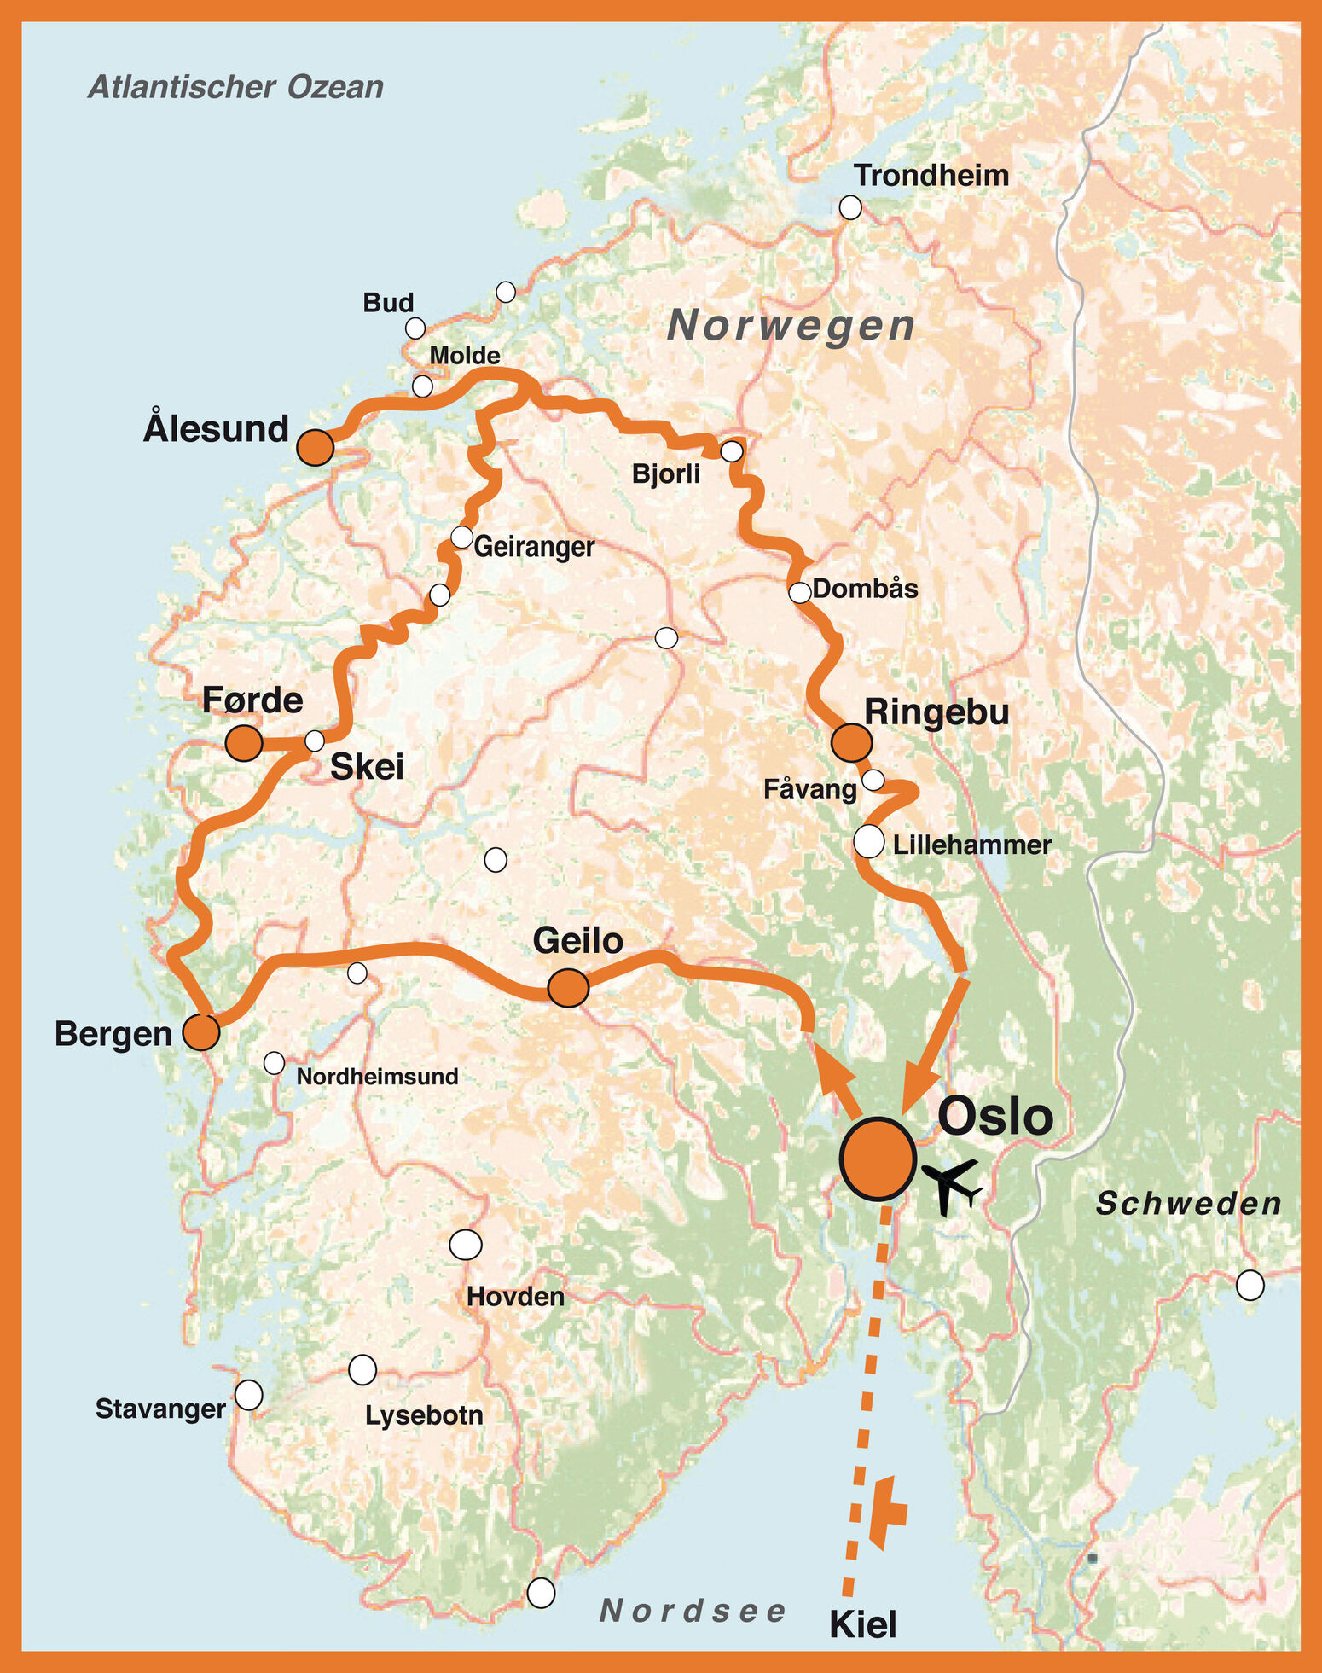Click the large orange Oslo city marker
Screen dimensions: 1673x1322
pos(878,1158)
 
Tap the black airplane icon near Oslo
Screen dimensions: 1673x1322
pos(953,1185)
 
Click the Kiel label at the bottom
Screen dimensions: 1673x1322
pos(863,1624)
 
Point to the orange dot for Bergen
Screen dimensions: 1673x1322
pos(201,1032)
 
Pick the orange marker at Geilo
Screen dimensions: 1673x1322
pos(567,988)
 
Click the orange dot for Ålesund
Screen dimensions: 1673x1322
pos(315,447)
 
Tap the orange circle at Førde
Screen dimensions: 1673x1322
pos(244,743)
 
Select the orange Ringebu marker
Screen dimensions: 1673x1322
pos(851,742)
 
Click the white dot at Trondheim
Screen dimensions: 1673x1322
pos(849,207)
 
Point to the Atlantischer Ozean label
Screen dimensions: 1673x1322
pos(236,87)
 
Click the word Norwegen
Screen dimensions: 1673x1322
pos(791,326)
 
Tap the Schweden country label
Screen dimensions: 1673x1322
pos(1188,1204)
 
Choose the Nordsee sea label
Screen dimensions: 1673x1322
pos(693,1611)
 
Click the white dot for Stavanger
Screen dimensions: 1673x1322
pos(248,1395)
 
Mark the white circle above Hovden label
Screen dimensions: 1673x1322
pos(465,1245)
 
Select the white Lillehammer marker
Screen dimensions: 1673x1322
pos(868,841)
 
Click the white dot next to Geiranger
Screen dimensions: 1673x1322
pos(461,537)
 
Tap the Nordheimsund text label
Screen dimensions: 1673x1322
pos(377,1077)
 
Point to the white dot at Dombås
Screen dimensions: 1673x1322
pos(799,592)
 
